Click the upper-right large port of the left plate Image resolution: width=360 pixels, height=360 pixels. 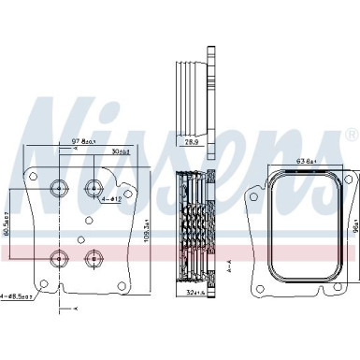[94, 186]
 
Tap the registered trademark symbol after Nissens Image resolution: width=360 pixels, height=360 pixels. [350, 137]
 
